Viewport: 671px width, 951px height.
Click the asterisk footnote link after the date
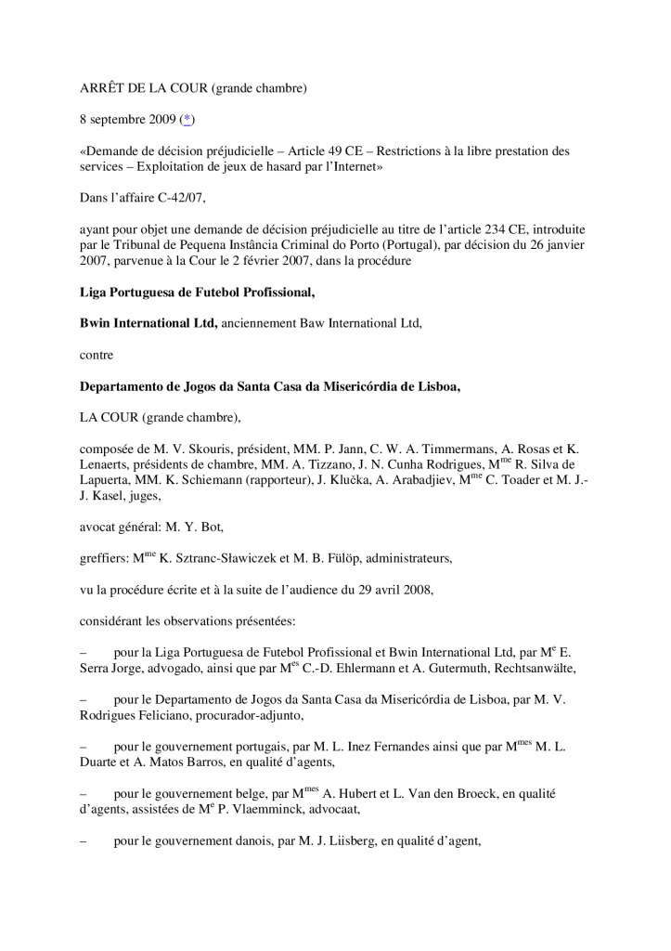pyautogui.click(x=187, y=120)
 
